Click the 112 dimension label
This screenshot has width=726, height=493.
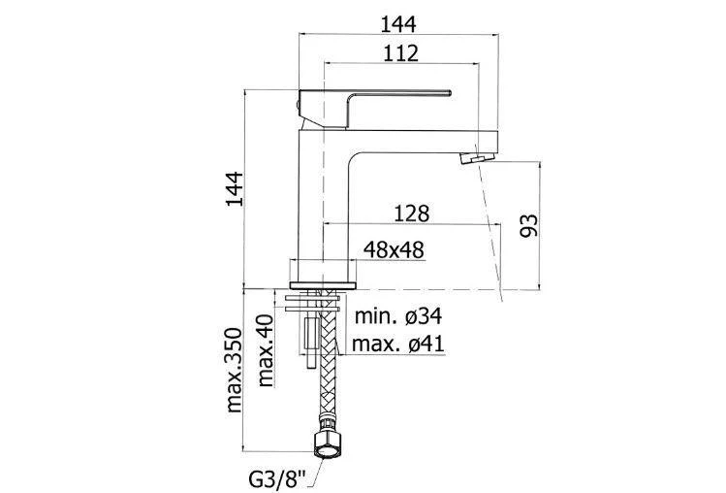(401, 53)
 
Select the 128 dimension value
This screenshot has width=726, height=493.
(412, 214)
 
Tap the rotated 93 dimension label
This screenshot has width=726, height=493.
(529, 225)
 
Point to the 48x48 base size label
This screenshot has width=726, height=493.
(394, 250)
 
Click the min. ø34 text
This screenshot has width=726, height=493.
(398, 316)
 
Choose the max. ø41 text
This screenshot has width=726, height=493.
(398, 345)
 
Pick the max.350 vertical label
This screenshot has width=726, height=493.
(235, 370)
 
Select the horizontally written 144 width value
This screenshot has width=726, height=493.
(398, 24)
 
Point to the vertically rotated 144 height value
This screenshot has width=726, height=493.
(235, 188)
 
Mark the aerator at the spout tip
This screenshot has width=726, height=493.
(477, 157)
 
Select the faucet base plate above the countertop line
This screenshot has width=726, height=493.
(323, 284)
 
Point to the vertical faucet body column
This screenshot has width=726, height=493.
(324, 207)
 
